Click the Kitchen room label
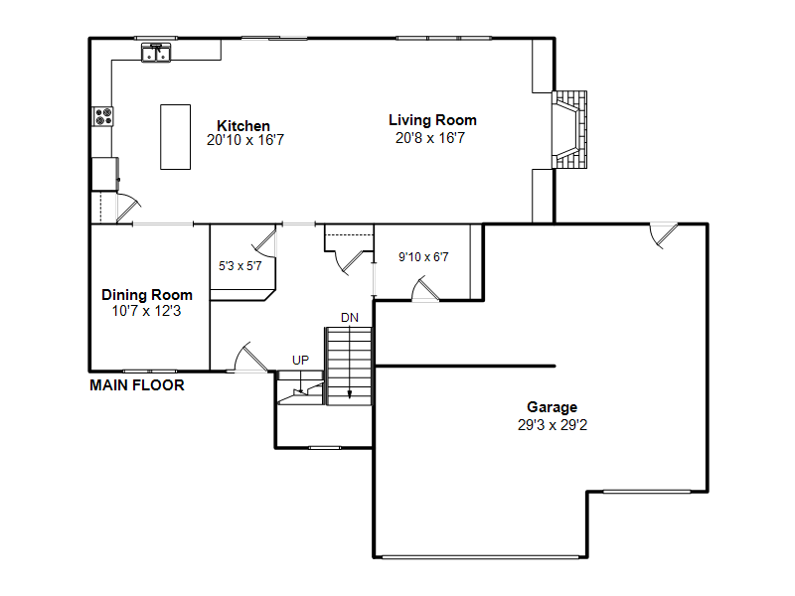point(243,126)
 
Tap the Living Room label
point(432,120)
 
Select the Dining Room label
point(147,295)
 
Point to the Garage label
point(553,407)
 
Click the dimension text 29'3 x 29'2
point(553,425)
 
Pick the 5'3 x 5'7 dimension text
point(239,266)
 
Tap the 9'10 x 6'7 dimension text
point(423,257)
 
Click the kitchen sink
point(156,53)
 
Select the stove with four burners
point(103,116)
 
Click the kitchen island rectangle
point(176,137)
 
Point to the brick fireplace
point(569,130)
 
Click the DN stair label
point(350,318)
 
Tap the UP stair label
point(300,360)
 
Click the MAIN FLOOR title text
point(137,385)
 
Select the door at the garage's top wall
point(664,234)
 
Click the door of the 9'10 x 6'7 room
point(425,289)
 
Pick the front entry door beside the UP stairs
point(251,358)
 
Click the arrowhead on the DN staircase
point(349,394)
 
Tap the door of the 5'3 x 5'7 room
point(265,242)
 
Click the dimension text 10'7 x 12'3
point(146,311)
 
